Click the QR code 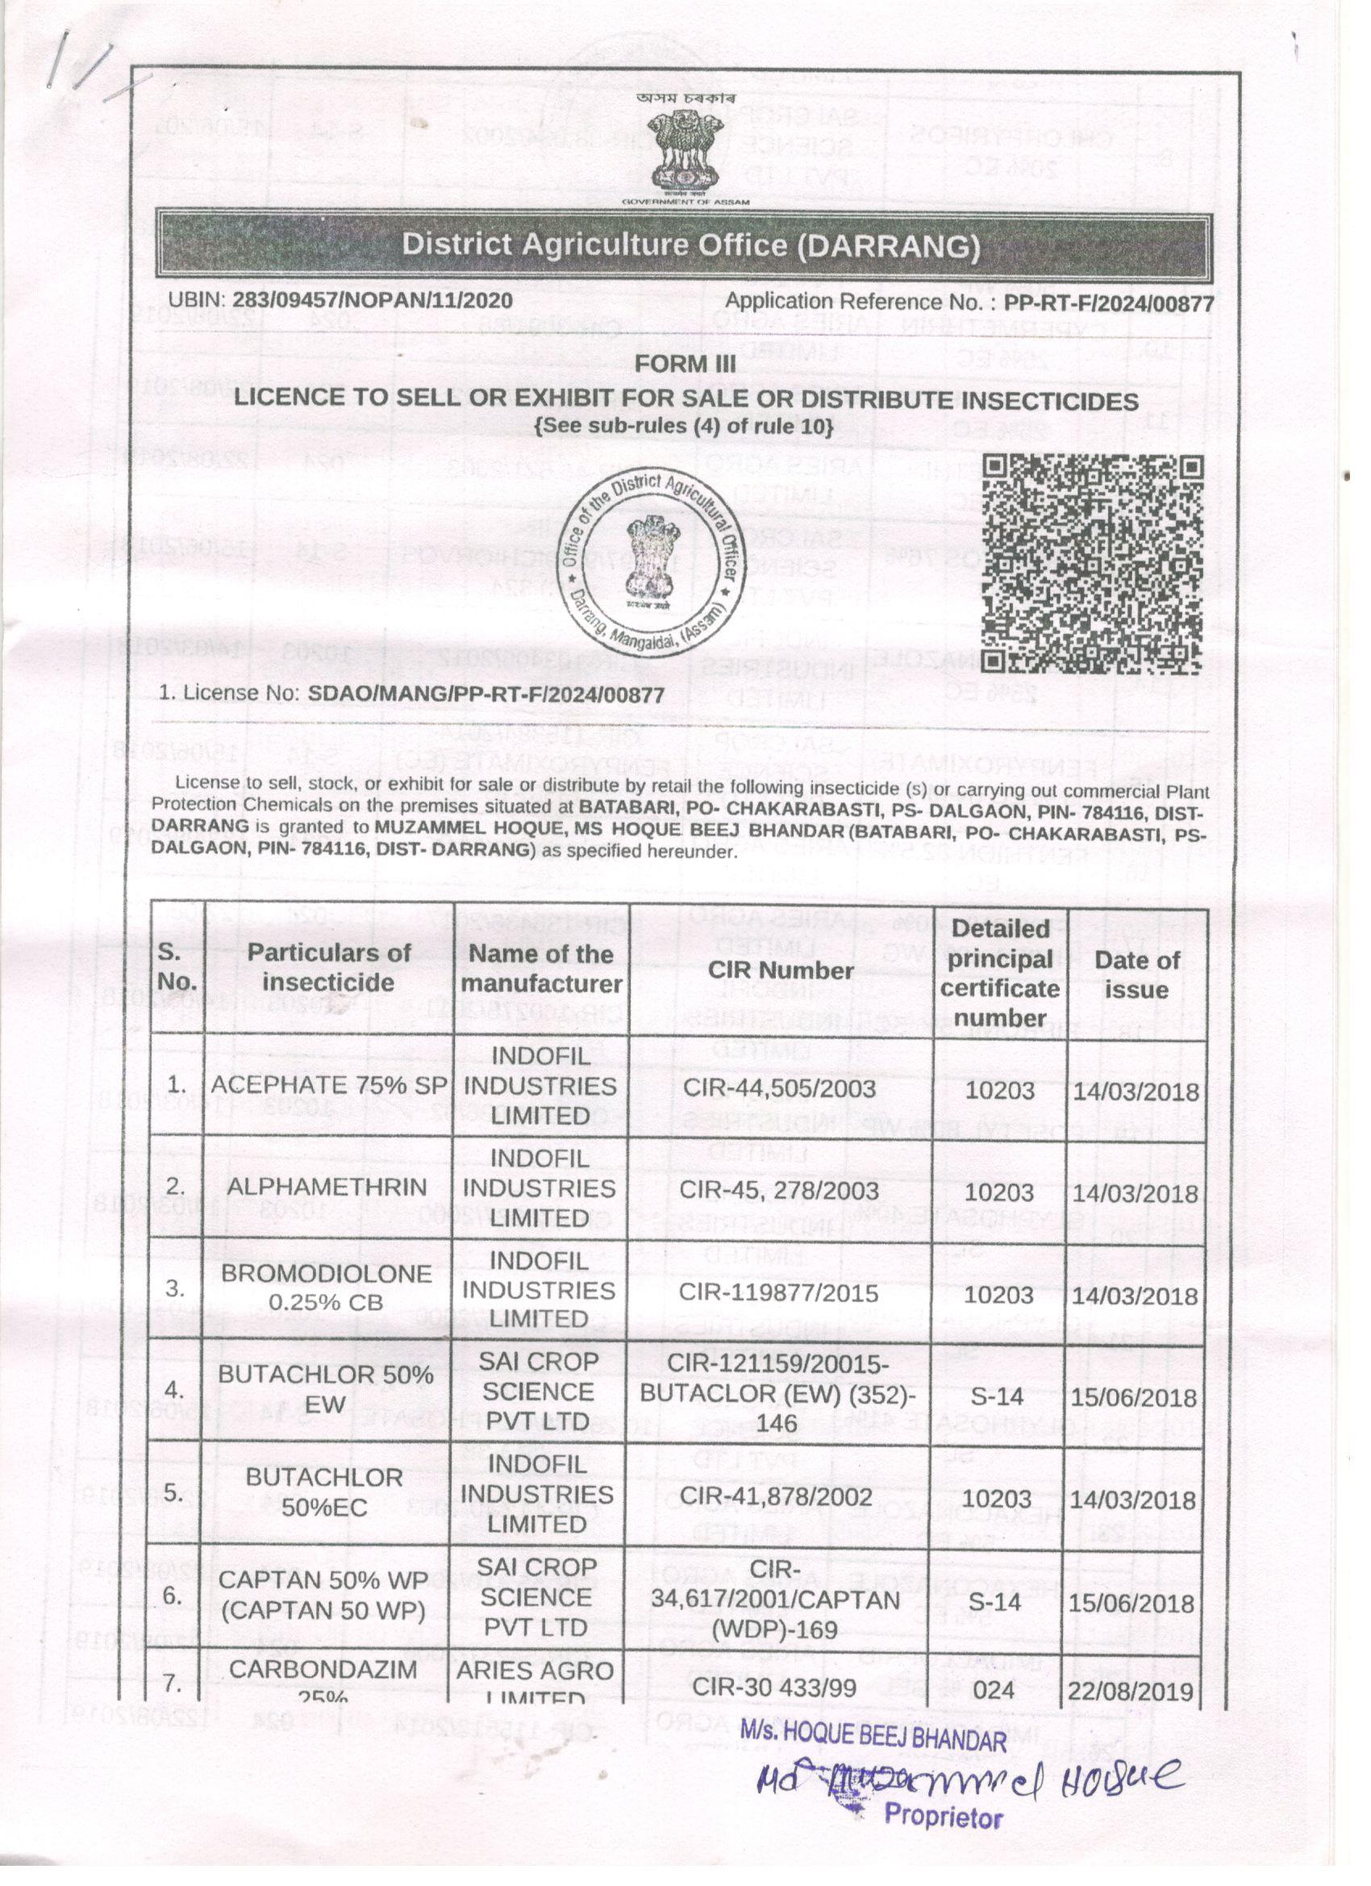(x=1093, y=564)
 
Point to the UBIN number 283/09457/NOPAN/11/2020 (x=372, y=300)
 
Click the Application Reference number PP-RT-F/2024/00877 (x=1109, y=303)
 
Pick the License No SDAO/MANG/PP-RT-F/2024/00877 (x=485, y=694)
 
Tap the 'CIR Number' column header (x=781, y=970)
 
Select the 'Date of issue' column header (x=1136, y=974)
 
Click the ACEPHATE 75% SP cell (x=328, y=1084)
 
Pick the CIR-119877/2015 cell (x=779, y=1292)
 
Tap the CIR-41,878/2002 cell (x=777, y=1497)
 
